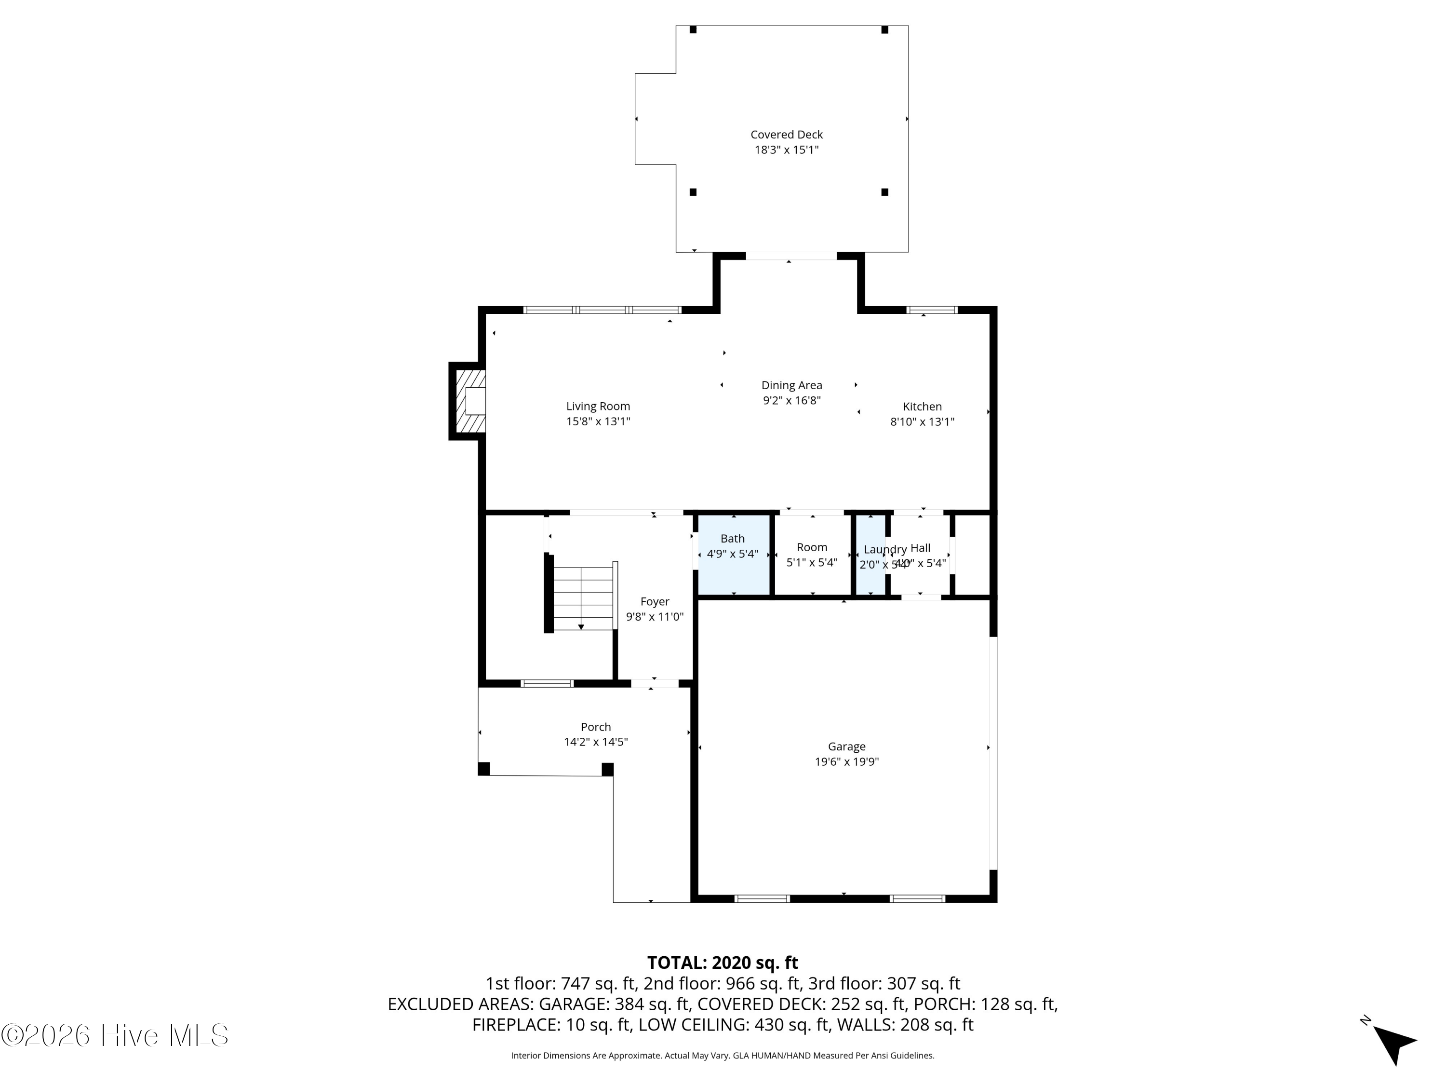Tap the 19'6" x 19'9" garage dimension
(846, 762)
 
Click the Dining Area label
(791, 385)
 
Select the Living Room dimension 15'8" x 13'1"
(598, 422)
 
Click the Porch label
(596, 727)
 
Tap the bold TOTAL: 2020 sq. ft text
(723, 963)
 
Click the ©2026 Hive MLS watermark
(115, 1035)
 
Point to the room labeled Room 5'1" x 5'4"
(811, 555)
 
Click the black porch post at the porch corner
(607, 769)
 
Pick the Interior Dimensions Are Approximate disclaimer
(723, 1056)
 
